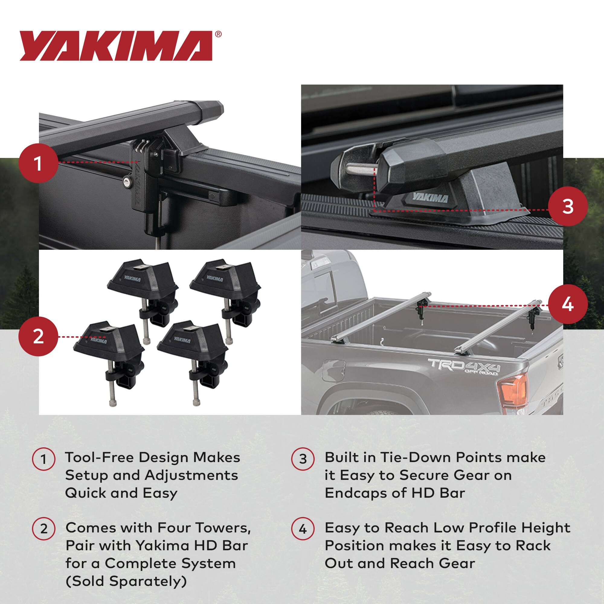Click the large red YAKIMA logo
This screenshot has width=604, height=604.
coord(116,46)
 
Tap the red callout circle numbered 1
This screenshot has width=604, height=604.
coord(38,163)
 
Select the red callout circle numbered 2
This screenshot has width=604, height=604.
coord(38,337)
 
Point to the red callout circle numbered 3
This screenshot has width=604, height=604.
coord(567,206)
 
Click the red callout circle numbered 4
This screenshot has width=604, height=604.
coord(567,304)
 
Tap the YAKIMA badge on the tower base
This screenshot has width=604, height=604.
coord(430,198)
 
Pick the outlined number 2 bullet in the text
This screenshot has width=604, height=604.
coord(44,529)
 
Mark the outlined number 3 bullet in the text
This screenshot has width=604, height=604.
coord(303,459)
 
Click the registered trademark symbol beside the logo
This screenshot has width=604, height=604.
coord(219,34)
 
